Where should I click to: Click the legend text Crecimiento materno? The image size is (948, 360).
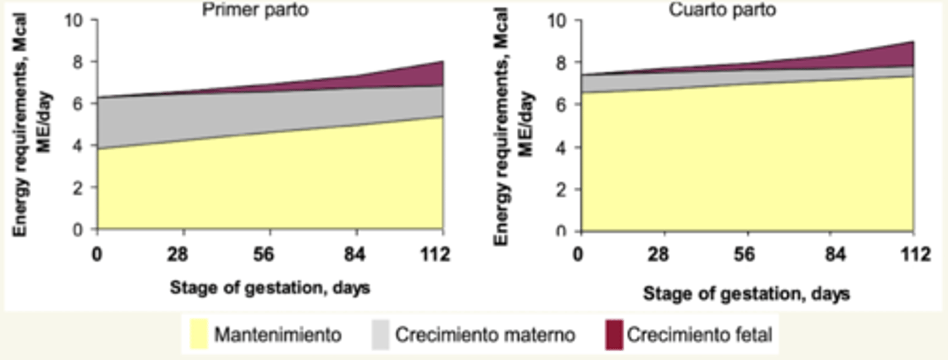(485, 335)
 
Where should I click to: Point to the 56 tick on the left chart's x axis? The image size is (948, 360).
(271, 254)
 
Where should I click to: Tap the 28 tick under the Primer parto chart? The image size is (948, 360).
(184, 254)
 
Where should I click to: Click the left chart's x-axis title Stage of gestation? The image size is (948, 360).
(270, 288)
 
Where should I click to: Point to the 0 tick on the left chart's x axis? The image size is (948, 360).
(97, 254)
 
